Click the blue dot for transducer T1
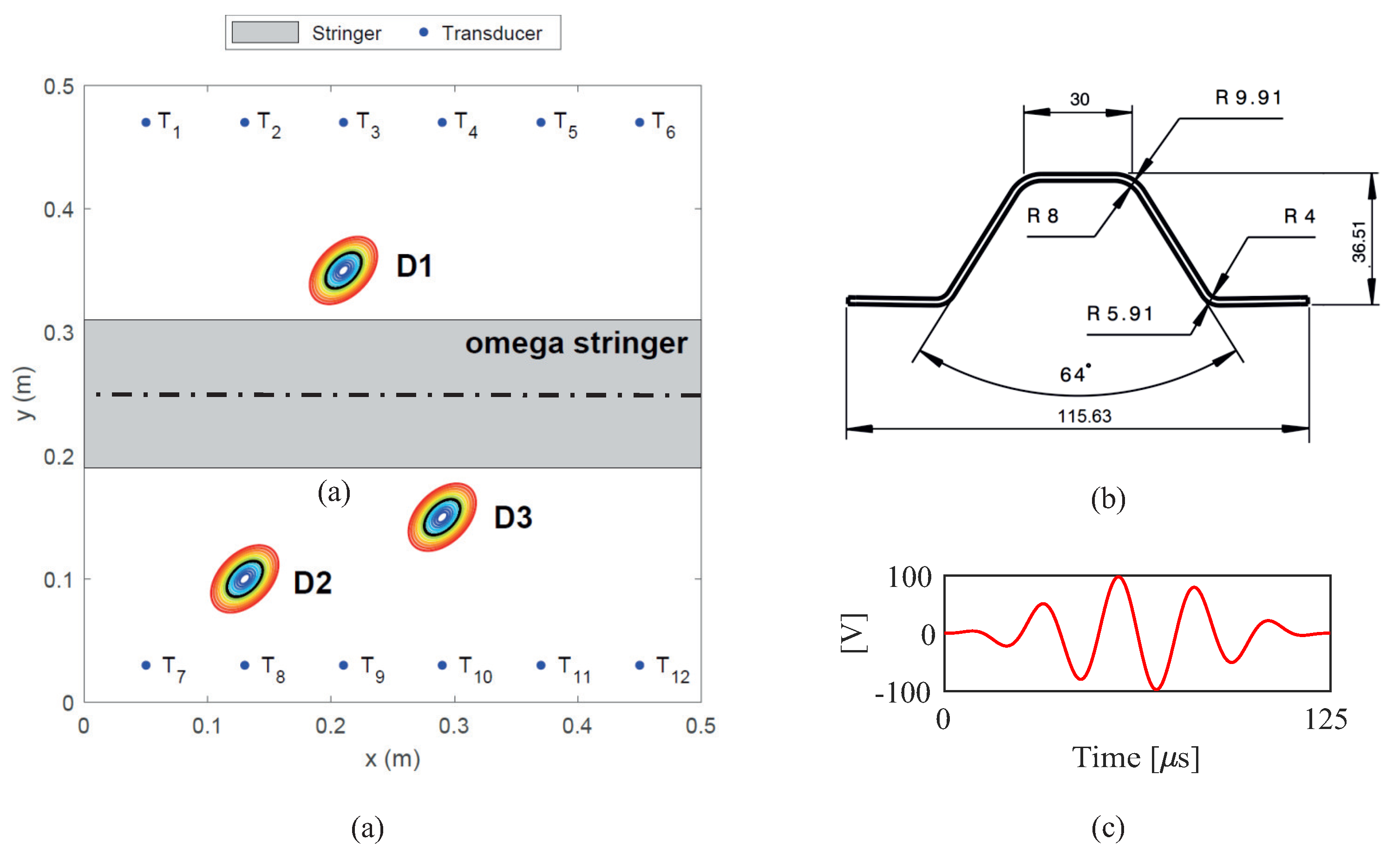146,122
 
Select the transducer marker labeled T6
640,122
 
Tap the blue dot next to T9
343,665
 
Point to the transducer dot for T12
640,665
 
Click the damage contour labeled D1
343,270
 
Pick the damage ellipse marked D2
244,578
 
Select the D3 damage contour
442,517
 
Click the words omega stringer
576,343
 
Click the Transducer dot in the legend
424,32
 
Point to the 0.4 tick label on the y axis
59,210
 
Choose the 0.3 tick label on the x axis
454,726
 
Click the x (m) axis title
392,759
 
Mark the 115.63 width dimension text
1084,417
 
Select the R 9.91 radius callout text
1248,98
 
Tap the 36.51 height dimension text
1359,242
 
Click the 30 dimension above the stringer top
1079,99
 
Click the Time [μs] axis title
1135,757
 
